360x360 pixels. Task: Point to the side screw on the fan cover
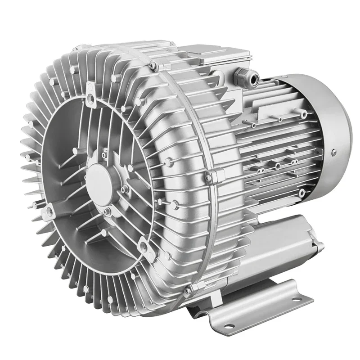click(333, 152)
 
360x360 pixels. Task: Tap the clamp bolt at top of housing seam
click(154, 66)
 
